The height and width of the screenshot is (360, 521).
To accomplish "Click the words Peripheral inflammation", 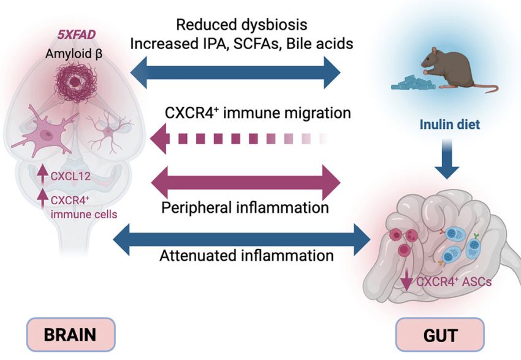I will point(245,207).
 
